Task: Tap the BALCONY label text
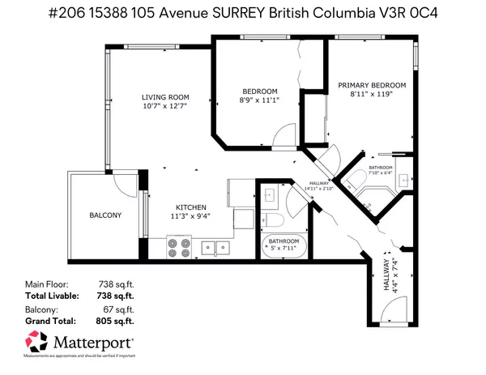[105, 215]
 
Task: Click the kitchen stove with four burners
[179, 246]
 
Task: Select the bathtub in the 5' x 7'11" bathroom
[282, 245]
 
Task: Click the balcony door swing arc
[123, 183]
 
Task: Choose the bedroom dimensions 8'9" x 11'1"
[260, 100]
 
